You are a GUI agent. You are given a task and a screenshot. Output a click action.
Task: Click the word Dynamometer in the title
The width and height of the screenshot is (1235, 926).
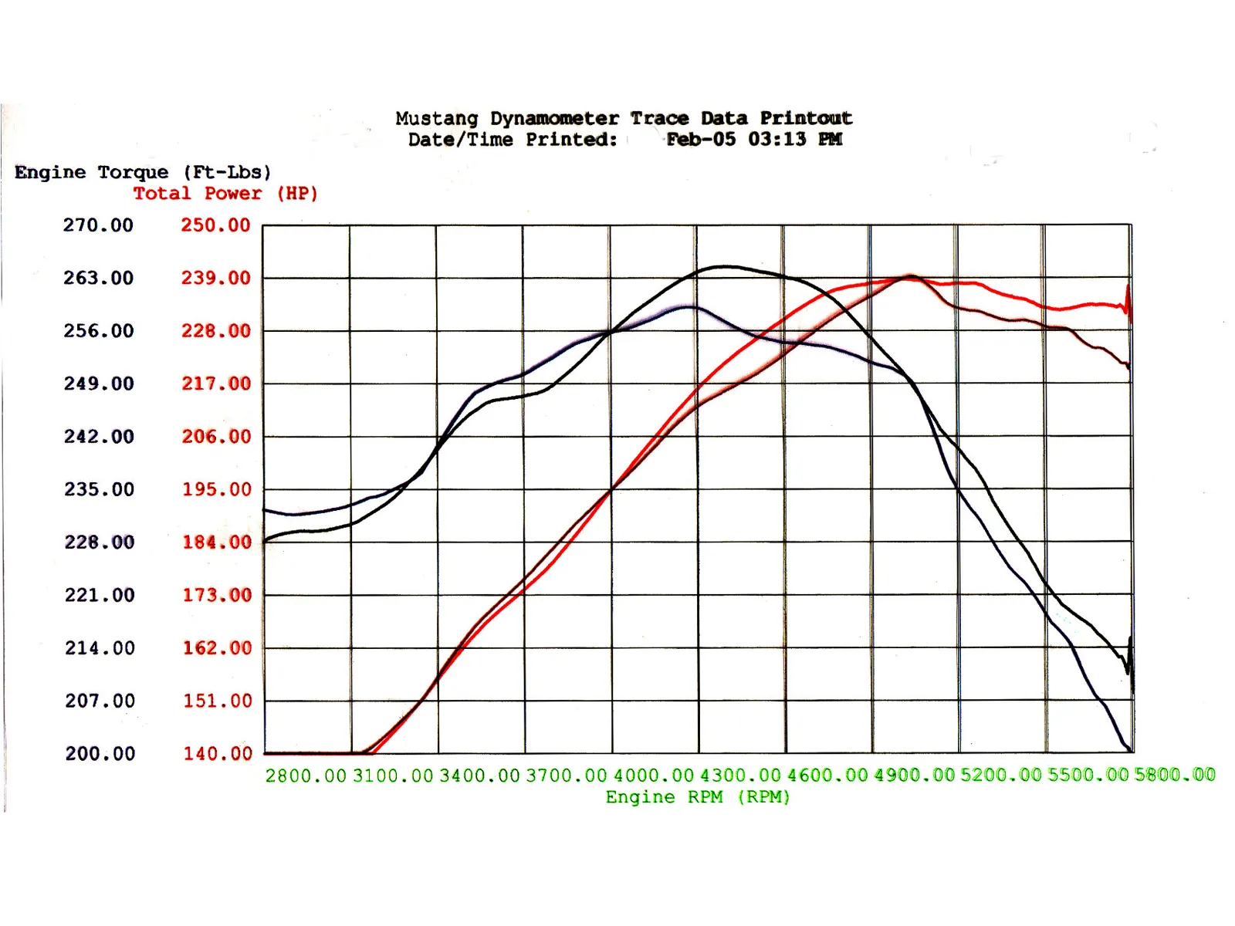point(554,119)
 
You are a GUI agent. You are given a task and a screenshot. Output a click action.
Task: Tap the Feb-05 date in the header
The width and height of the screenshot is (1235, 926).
point(701,140)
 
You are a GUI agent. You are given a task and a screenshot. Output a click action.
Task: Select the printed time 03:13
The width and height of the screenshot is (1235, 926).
point(777,140)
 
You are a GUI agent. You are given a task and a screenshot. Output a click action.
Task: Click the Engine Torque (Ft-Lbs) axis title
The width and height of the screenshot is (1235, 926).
point(143,172)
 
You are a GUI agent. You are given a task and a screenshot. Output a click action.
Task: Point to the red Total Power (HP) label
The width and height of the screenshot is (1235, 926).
point(225,194)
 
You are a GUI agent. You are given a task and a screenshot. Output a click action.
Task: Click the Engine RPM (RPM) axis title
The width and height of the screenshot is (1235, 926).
point(698,797)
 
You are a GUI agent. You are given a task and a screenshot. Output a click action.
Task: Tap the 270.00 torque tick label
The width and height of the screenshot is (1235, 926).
point(98,225)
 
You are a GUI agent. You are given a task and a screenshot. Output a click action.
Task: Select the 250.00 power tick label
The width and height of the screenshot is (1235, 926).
point(215,225)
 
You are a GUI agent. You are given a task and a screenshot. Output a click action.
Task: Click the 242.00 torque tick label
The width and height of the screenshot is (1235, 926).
point(99,437)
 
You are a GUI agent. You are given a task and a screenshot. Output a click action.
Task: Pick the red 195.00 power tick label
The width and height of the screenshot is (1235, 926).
point(216,489)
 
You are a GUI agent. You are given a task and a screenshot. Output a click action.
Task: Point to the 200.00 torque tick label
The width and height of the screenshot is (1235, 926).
point(100,754)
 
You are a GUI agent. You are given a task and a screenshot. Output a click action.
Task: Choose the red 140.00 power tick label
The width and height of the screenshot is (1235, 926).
point(217,754)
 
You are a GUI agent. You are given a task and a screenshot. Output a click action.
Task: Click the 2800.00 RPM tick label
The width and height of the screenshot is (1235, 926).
point(306,776)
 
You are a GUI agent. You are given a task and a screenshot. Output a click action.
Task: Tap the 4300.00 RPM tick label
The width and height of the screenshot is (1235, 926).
point(740,776)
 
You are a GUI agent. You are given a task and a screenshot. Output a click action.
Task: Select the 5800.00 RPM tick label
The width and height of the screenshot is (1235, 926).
point(1175,775)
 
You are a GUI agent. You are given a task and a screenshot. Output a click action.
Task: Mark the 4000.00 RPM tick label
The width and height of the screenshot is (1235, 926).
point(654,776)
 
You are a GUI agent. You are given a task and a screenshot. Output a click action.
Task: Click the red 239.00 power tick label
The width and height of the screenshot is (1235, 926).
point(215,278)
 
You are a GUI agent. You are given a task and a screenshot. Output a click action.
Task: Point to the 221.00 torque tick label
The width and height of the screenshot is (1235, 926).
point(100,595)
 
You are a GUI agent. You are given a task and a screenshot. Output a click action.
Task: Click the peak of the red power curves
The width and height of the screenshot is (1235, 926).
point(912,276)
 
